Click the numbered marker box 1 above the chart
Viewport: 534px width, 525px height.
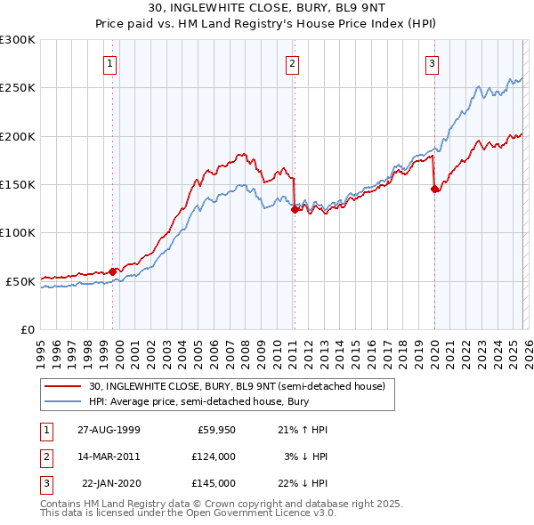109,63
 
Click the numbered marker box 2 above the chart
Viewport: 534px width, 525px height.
292,63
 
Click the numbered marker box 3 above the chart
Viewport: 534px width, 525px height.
432,63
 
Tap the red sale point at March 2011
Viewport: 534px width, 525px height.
294,210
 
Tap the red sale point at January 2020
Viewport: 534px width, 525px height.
434,189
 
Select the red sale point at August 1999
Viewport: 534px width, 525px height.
113,271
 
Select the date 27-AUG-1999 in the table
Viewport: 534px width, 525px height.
109,430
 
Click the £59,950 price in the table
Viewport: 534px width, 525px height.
214,430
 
